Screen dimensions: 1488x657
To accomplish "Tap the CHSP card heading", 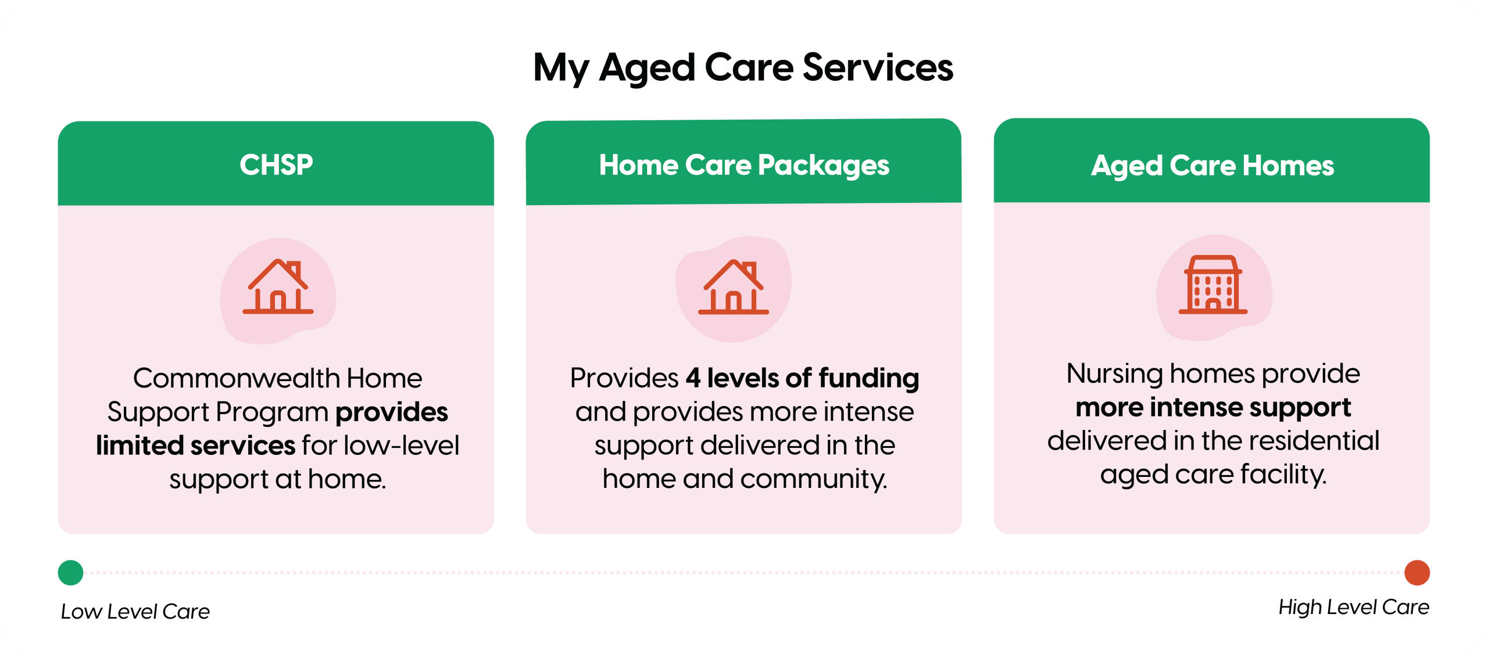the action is (x=276, y=165).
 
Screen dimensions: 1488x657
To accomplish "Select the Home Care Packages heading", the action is (x=744, y=166).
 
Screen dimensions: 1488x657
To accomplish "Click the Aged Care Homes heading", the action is (x=1212, y=166).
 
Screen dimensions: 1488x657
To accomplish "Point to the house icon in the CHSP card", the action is (x=278, y=286).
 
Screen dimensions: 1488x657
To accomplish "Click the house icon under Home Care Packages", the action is (x=734, y=287).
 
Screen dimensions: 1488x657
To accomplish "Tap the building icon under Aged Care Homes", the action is (x=1213, y=285).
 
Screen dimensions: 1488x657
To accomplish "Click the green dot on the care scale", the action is (x=71, y=573).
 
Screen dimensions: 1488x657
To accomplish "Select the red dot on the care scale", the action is (x=1417, y=573).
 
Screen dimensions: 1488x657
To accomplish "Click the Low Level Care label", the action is (x=135, y=612).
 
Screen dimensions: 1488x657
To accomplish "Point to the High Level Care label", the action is (x=1354, y=608).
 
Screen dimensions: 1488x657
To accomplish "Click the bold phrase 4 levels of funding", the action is (x=802, y=378).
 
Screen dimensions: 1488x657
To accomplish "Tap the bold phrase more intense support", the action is (x=1213, y=408).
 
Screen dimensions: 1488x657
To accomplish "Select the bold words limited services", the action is (x=196, y=446).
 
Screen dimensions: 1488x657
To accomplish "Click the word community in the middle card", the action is (x=814, y=480).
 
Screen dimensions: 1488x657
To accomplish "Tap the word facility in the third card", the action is (x=1283, y=475).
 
